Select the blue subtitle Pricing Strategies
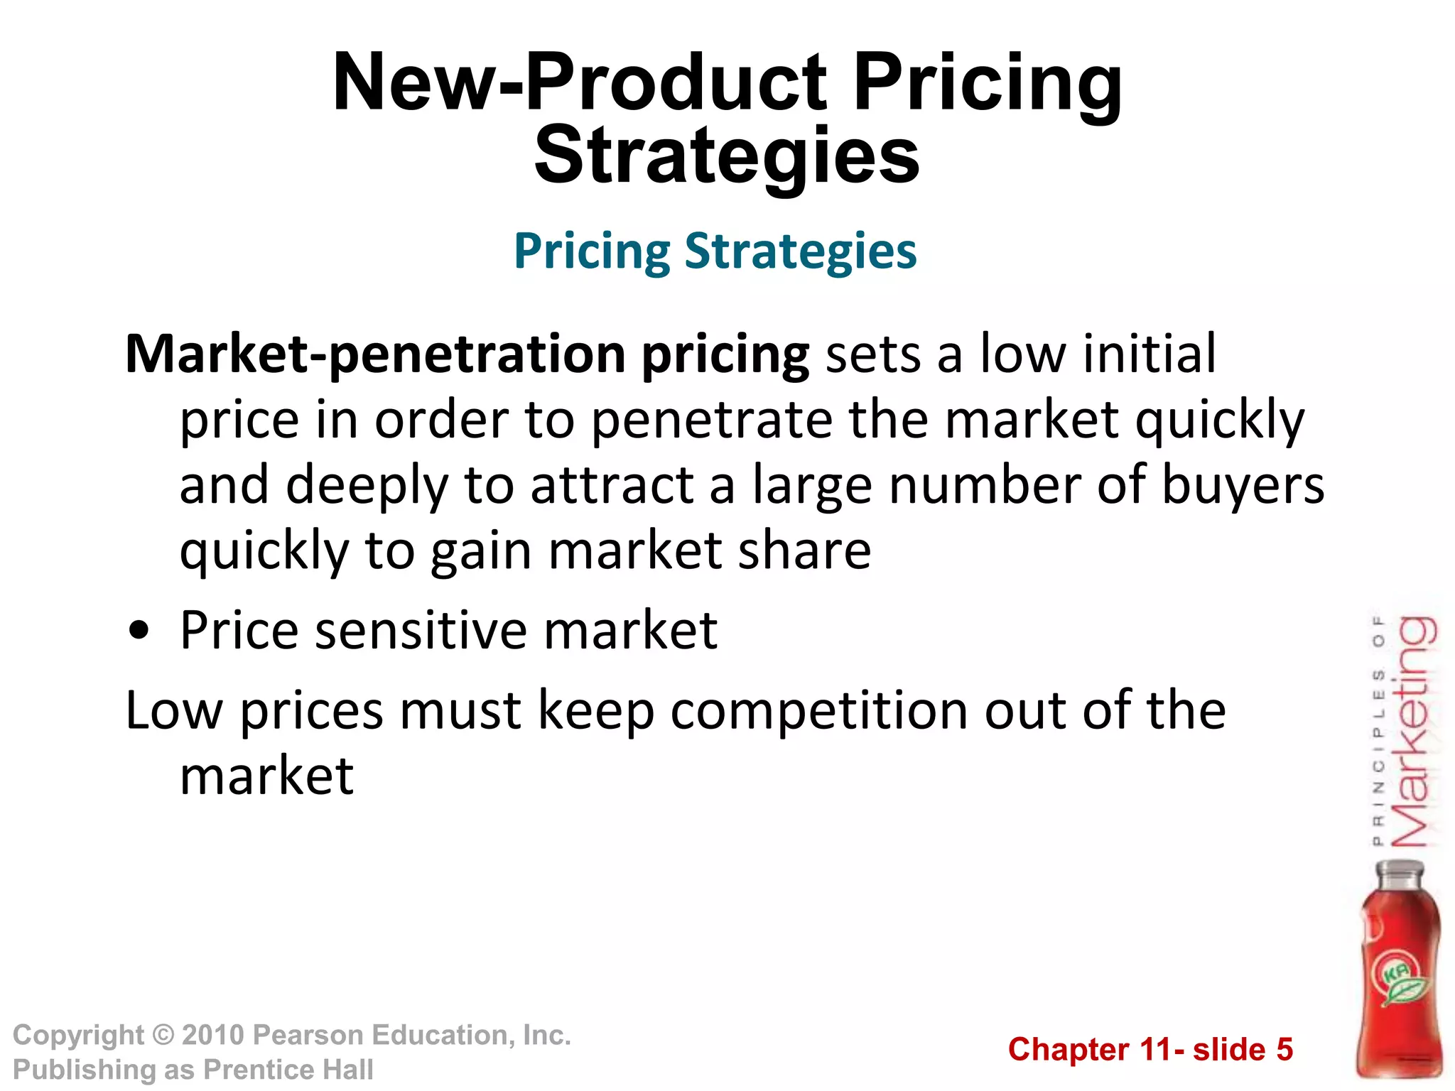pyautogui.click(x=715, y=251)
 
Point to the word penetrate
pyautogui.click(x=711, y=420)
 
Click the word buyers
pyautogui.click(x=1243, y=486)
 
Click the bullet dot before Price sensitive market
pyautogui.click(x=140, y=631)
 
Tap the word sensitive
pyautogui.click(x=421, y=630)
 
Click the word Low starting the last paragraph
pyautogui.click(x=174, y=710)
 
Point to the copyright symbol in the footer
pyautogui.click(x=163, y=1036)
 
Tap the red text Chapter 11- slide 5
pyautogui.click(x=1150, y=1050)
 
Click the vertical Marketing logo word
pyautogui.click(x=1414, y=732)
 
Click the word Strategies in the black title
pyautogui.click(x=727, y=156)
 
